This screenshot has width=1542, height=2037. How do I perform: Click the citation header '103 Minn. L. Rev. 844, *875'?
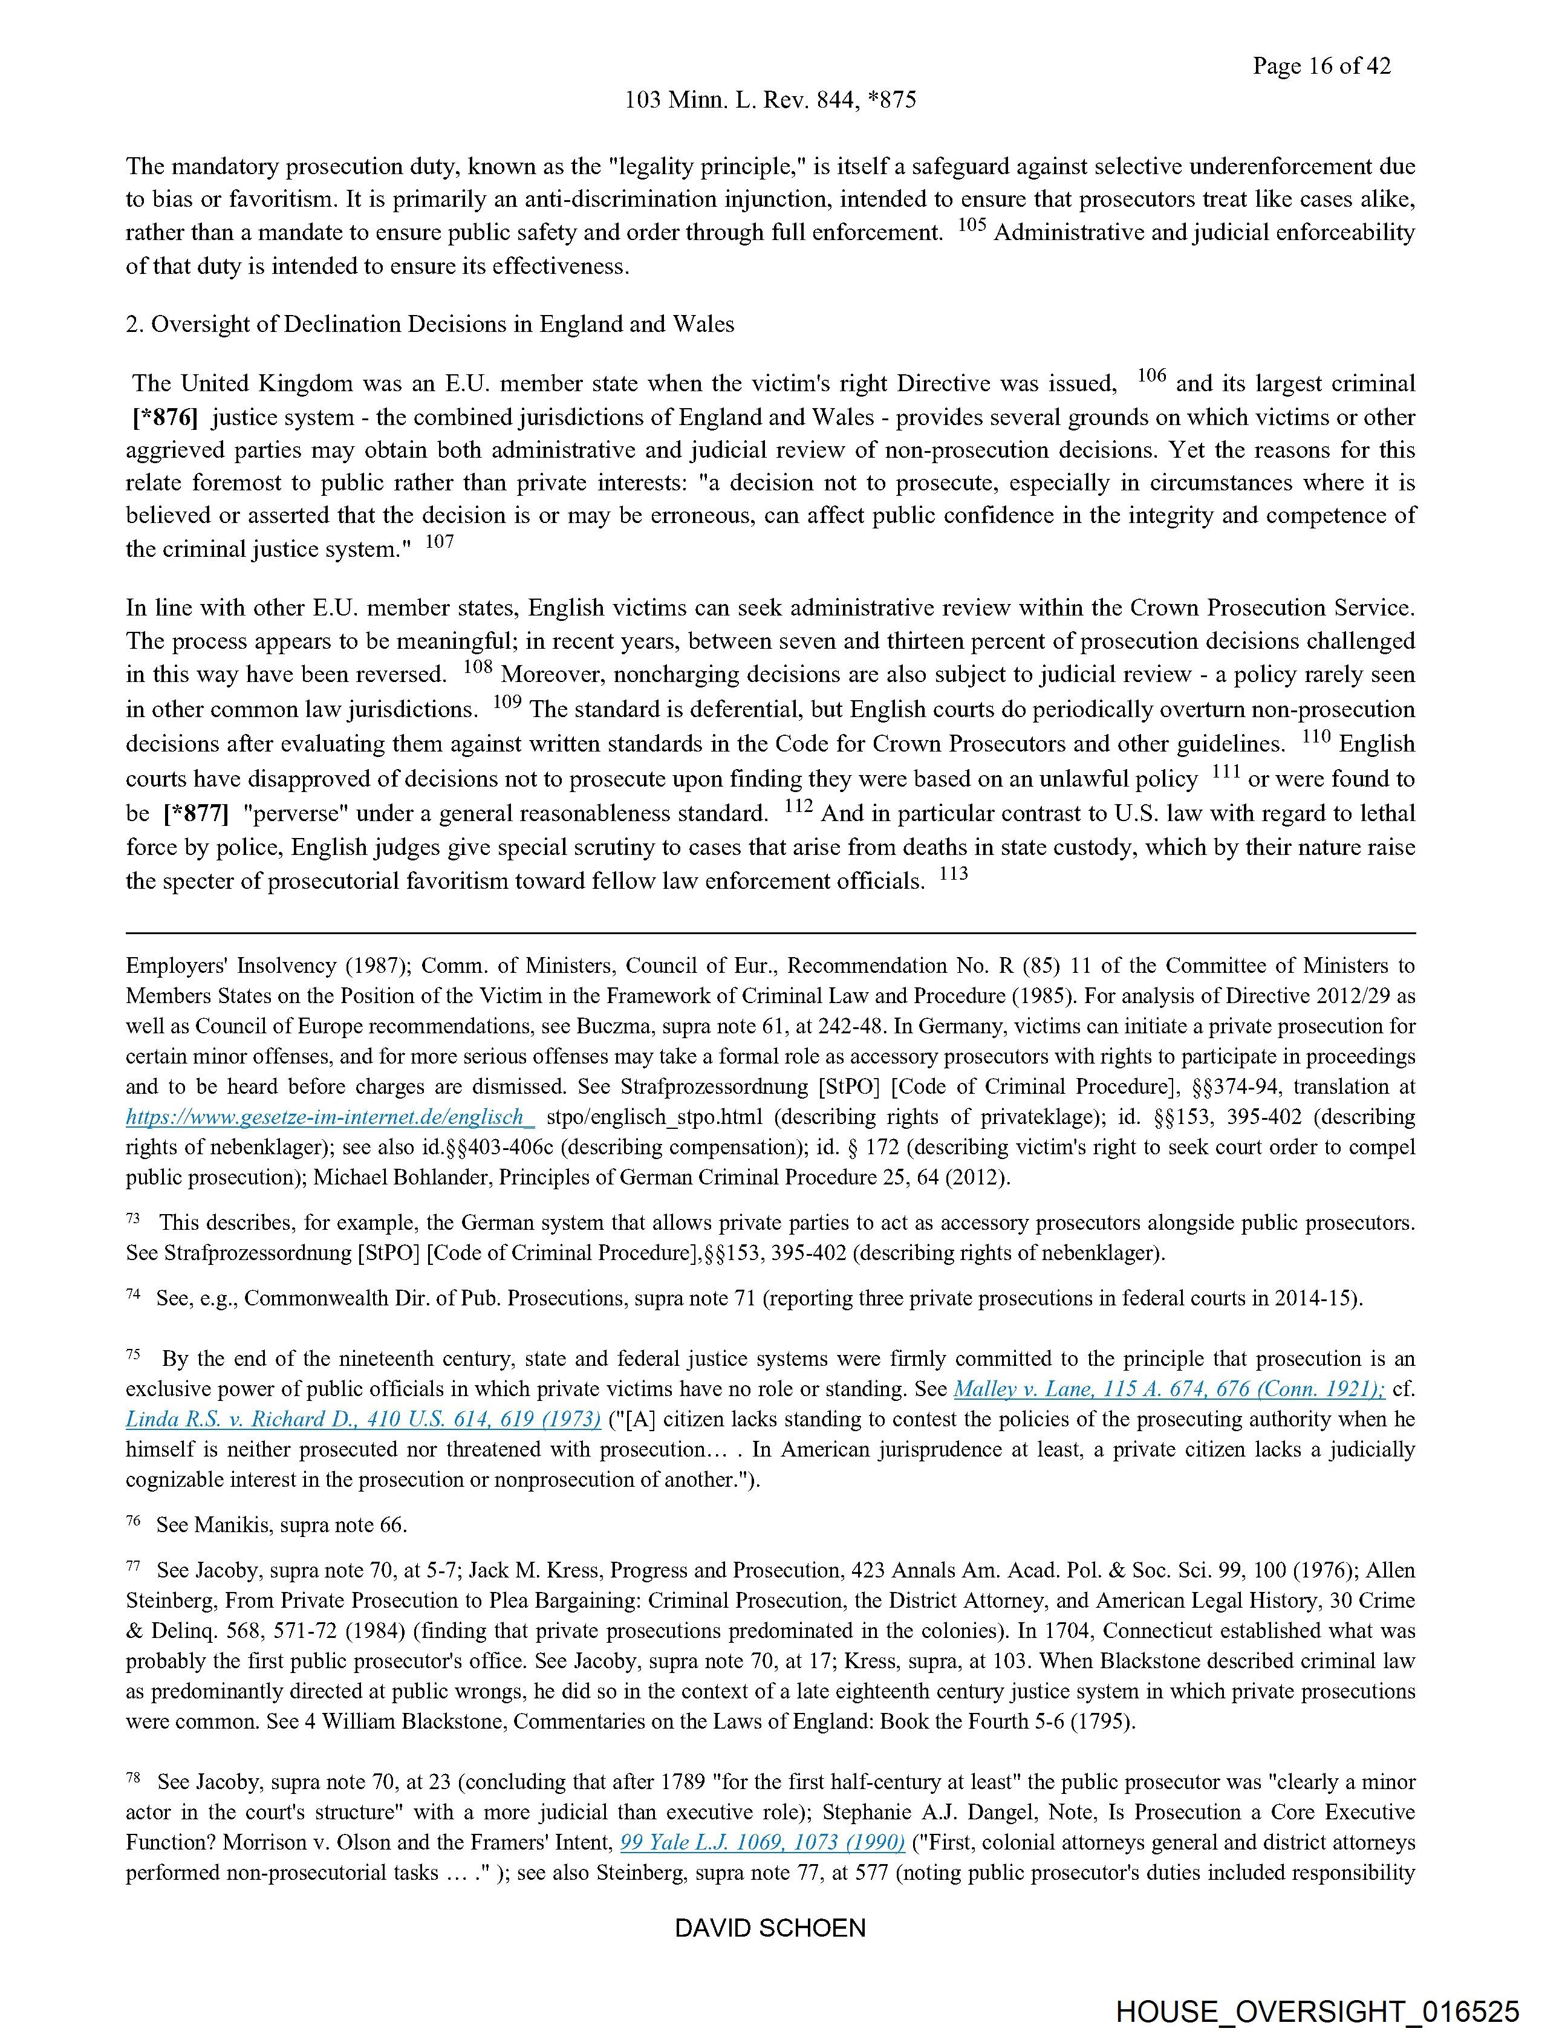tap(770, 100)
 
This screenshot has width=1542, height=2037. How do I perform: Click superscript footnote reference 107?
tap(440, 542)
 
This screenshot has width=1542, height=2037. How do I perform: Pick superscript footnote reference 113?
tap(954, 873)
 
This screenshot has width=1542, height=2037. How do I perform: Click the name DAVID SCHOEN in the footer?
tap(770, 1928)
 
